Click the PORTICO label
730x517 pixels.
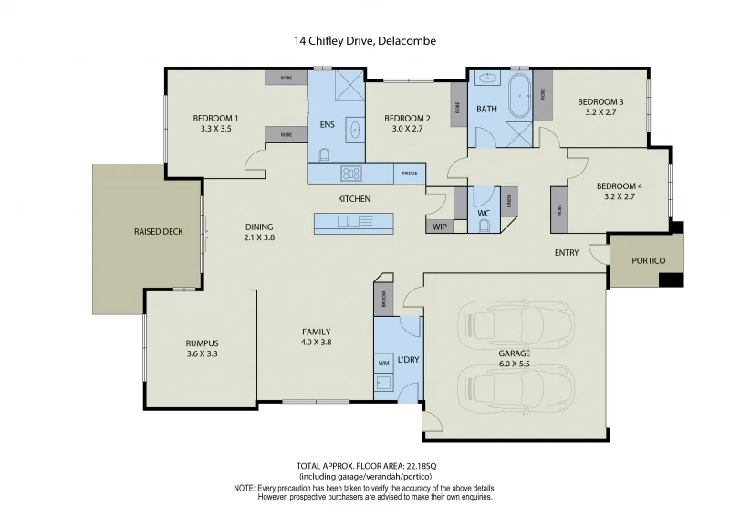click(x=649, y=260)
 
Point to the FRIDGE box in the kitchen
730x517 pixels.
click(x=409, y=173)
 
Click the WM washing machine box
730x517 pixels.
click(x=383, y=363)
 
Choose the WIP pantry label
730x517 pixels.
click(x=439, y=226)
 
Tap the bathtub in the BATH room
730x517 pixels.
click(x=519, y=98)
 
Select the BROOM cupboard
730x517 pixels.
click(x=382, y=298)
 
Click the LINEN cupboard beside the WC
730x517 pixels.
click(x=507, y=202)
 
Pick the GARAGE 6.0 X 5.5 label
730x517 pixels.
click(x=515, y=358)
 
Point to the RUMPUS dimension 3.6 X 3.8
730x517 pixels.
click(x=202, y=354)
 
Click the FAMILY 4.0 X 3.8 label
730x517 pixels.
click(x=317, y=337)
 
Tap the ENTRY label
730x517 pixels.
click(x=566, y=253)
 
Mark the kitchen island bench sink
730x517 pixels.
click(x=348, y=221)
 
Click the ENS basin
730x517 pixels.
click(x=353, y=131)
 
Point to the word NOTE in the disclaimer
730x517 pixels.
click(x=244, y=489)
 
